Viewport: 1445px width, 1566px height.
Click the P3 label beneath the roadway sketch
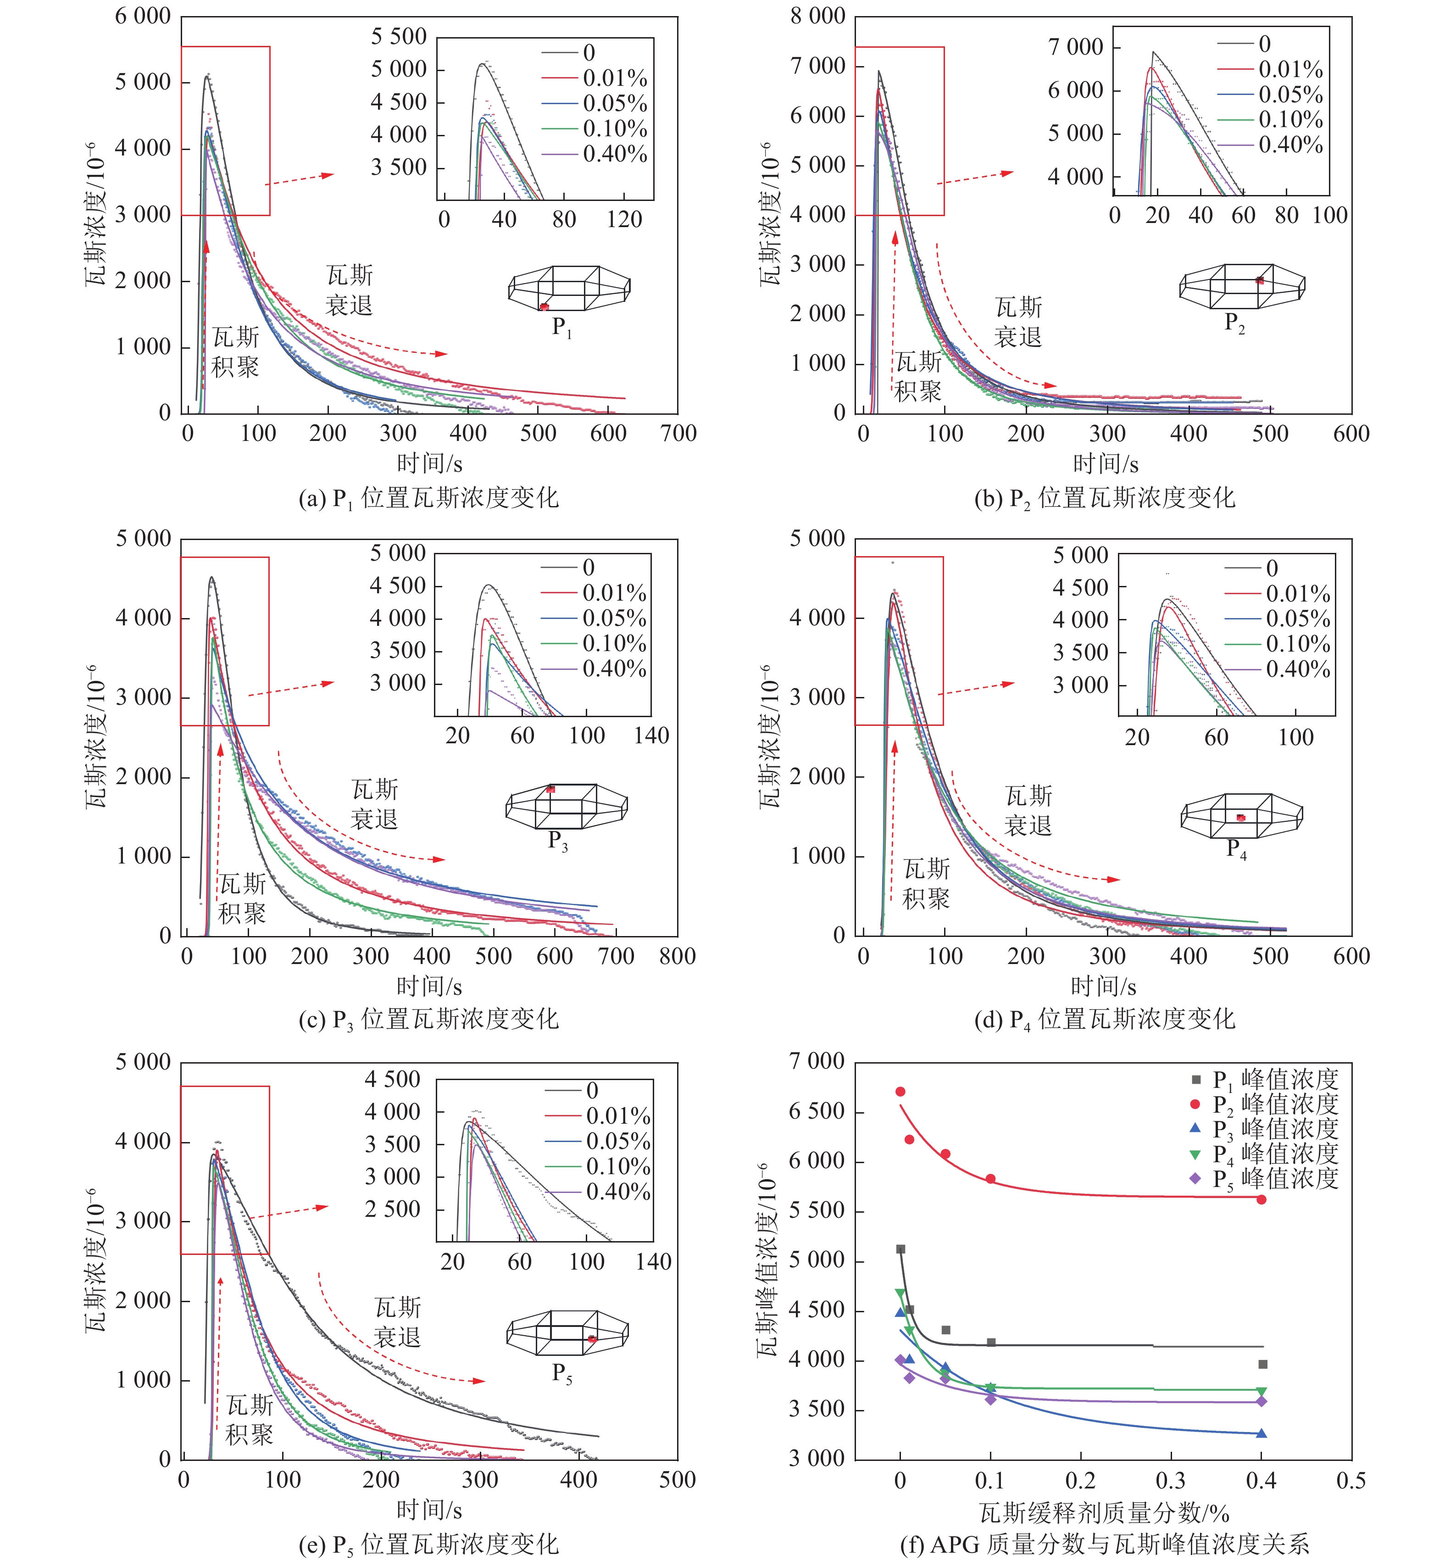(557, 841)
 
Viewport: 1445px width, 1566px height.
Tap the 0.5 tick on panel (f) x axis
(1351, 1481)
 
